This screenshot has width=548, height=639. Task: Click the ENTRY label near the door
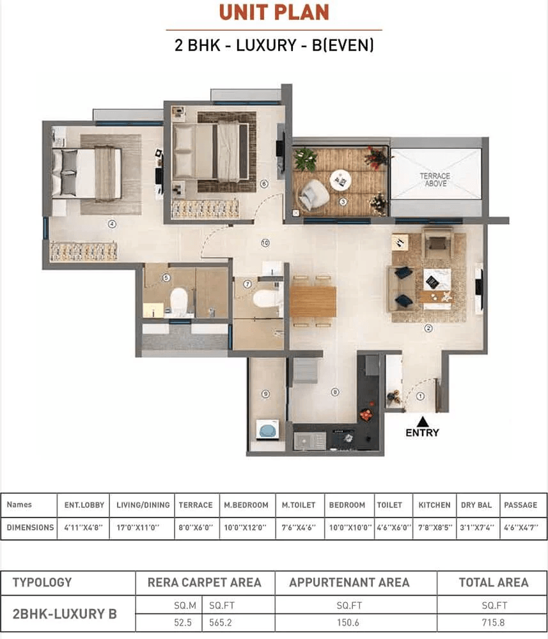[423, 433]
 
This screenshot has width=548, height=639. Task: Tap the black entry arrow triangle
[423, 421]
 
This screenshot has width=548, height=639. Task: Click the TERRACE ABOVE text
[435, 180]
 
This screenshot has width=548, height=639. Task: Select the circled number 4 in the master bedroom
[112, 224]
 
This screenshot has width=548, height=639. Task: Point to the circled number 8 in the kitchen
[335, 392]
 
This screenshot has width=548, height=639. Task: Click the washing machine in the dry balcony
[267, 430]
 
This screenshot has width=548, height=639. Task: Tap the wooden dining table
[313, 302]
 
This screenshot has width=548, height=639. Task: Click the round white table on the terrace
[340, 180]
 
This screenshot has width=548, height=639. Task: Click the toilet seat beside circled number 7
[267, 298]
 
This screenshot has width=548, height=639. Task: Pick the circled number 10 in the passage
[265, 243]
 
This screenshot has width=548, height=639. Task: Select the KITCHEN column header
[434, 505]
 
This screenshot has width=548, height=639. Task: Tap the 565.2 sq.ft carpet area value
[221, 622]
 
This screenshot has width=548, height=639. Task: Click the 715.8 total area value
[494, 622]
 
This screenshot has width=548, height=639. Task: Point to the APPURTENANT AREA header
[349, 583]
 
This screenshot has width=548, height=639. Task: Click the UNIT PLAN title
[274, 12]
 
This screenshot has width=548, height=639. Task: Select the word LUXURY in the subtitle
[266, 45]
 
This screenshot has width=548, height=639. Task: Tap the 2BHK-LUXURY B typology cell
[65, 613]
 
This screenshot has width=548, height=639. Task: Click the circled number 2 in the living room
[428, 328]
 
